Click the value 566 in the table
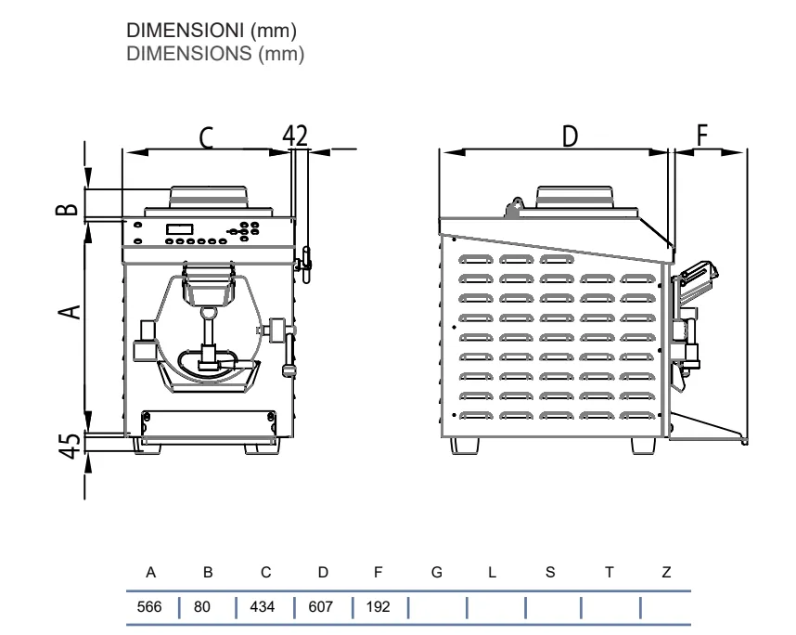pyautogui.click(x=149, y=606)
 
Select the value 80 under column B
pyautogui.click(x=201, y=606)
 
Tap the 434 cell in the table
pyautogui.click(x=262, y=606)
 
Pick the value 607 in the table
pyautogui.click(x=320, y=606)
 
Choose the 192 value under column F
pyautogui.click(x=379, y=606)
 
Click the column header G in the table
pyautogui.click(x=437, y=573)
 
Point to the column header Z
pyautogui.click(x=666, y=573)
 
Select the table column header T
pyautogui.click(x=610, y=573)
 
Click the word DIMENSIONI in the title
pyautogui.click(x=186, y=31)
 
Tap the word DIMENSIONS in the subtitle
pyautogui.click(x=189, y=53)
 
